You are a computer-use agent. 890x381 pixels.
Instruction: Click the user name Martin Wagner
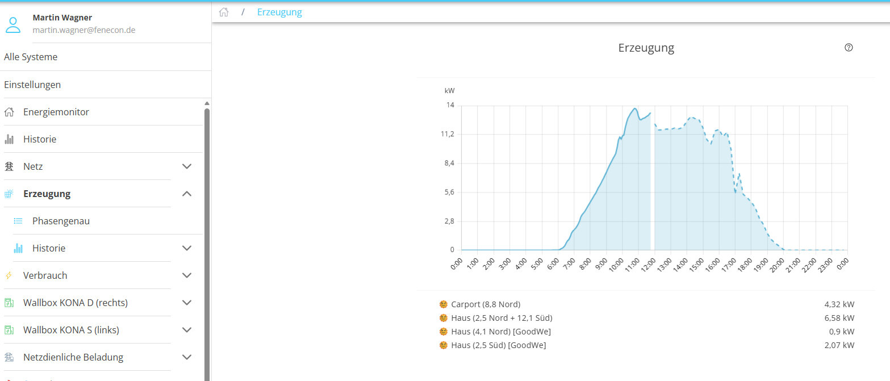[62, 18]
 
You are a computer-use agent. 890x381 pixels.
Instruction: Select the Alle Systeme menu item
[31, 57]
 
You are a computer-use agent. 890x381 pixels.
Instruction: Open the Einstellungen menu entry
[32, 85]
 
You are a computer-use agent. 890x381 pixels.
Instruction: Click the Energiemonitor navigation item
[56, 112]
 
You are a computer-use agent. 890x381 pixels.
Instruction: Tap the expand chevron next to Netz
[187, 166]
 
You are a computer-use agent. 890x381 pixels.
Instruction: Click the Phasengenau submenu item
[61, 221]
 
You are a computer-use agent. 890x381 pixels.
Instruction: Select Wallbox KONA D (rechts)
[76, 303]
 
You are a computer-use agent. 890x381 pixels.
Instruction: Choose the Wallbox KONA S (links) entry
[71, 330]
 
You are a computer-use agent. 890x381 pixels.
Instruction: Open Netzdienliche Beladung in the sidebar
[73, 357]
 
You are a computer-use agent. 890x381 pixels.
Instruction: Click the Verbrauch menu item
[45, 275]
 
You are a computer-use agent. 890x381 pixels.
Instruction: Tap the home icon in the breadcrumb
[224, 12]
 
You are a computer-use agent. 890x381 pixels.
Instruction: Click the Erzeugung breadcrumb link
[279, 12]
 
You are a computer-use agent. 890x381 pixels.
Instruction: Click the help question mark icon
[849, 48]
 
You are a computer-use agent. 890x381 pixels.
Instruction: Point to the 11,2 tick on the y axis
[448, 134]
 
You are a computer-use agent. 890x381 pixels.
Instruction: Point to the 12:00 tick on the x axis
[649, 265]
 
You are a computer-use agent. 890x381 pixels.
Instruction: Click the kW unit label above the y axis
[449, 91]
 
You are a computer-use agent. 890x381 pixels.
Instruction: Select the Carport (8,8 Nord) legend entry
[486, 304]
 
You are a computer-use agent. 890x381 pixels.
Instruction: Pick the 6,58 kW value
[839, 318]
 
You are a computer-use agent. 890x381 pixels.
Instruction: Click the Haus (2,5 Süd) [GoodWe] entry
[498, 345]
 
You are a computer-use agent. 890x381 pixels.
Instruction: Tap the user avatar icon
[13, 24]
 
